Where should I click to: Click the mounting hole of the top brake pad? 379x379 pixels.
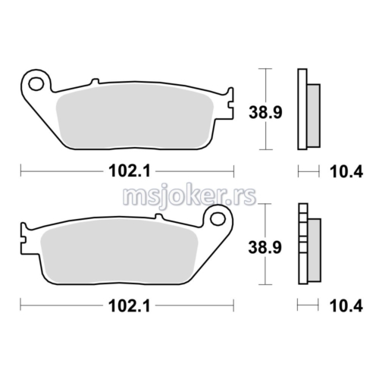click(x=36, y=84)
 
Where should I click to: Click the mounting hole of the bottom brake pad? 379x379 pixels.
click(x=218, y=219)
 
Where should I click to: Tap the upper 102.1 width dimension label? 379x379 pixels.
click(x=130, y=171)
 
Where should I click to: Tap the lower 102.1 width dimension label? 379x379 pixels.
click(x=130, y=306)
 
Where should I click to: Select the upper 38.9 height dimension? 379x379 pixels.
click(x=265, y=112)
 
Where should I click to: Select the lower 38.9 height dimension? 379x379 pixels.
click(x=265, y=247)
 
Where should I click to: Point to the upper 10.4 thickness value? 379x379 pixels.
click(x=346, y=172)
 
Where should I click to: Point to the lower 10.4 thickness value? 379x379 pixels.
click(x=346, y=306)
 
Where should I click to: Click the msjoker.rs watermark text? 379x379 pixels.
click(x=189, y=197)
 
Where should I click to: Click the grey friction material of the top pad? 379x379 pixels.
click(x=135, y=116)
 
